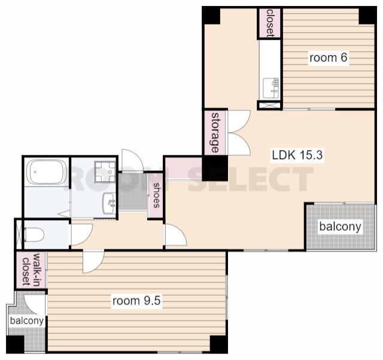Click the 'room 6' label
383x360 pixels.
tap(329, 58)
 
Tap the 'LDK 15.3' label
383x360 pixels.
tap(297, 155)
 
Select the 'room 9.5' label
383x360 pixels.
tap(136, 301)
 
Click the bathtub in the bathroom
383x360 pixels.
tap(47, 172)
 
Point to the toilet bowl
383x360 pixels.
tap(34, 234)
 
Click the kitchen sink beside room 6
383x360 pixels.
tap(271, 88)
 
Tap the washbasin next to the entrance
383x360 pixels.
tap(109, 203)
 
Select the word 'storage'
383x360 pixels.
tap(215, 133)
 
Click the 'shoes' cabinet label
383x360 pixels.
tap(156, 196)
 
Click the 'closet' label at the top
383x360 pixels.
tap(270, 23)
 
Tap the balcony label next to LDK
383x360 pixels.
tap(340, 227)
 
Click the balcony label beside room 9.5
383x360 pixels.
tap(27, 321)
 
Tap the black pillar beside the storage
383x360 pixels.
tap(215, 168)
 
